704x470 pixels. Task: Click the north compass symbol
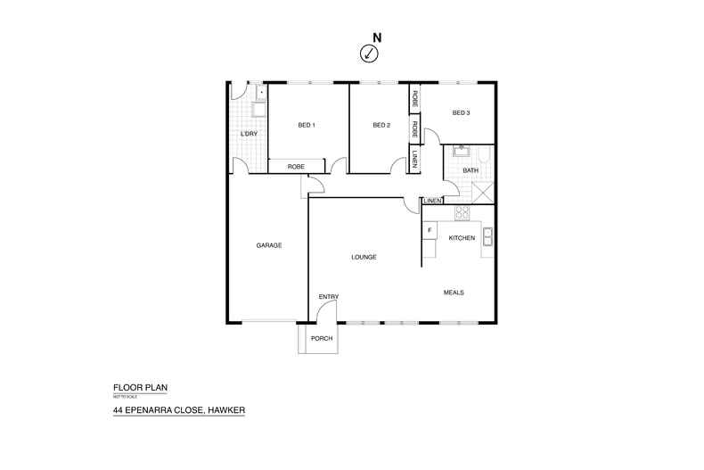click(369, 54)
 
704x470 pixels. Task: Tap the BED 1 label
click(307, 125)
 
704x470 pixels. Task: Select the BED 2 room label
click(381, 125)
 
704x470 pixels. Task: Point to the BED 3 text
click(460, 113)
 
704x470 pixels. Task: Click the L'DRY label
click(249, 134)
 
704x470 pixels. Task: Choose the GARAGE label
click(269, 245)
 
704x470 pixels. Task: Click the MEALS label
click(454, 293)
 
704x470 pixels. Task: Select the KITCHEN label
click(462, 238)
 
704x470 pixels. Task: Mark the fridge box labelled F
click(430, 230)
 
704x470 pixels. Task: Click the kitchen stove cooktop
click(462, 212)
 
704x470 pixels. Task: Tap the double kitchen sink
click(487, 236)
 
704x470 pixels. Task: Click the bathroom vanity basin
click(463, 151)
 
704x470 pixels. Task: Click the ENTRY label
click(328, 297)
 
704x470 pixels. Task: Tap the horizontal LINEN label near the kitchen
click(433, 201)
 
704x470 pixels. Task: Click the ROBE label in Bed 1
click(297, 167)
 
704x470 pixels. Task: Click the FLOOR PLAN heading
click(140, 388)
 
